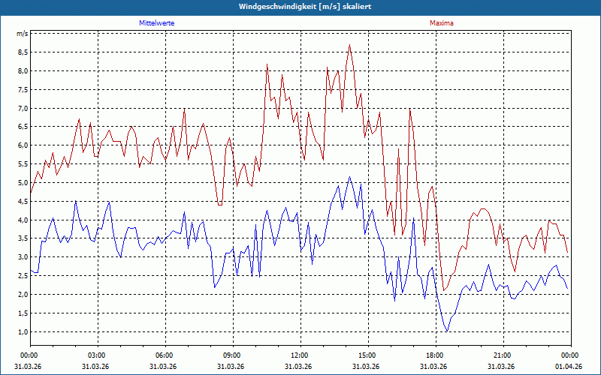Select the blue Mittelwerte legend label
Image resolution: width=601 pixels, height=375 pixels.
pyautogui.click(x=157, y=23)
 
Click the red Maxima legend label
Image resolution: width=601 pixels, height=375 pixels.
pyautogui.click(x=441, y=23)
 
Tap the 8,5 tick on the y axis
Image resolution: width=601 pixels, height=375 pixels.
pyautogui.click(x=23, y=52)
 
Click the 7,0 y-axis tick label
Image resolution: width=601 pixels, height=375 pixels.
pyautogui.click(x=23, y=109)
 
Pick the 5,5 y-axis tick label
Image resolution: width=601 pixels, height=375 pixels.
pyautogui.click(x=23, y=164)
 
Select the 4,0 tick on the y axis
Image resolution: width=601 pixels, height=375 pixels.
pyautogui.click(x=23, y=220)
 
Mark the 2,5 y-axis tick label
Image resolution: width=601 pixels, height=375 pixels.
pyautogui.click(x=23, y=276)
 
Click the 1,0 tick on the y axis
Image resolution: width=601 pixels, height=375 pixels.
pyautogui.click(x=23, y=331)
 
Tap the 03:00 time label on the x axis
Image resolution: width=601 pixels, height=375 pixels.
pyautogui.click(x=97, y=355)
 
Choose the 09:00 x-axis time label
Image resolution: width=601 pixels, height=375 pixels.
pyautogui.click(x=232, y=355)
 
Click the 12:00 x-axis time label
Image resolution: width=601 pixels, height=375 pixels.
pyautogui.click(x=300, y=355)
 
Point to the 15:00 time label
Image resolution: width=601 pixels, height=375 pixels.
pyautogui.click(x=367, y=355)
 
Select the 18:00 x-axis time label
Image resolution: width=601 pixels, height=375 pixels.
pyautogui.click(x=435, y=355)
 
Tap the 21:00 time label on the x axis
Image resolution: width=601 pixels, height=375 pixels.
pyautogui.click(x=503, y=355)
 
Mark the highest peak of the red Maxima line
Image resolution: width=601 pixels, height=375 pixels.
pyautogui.click(x=349, y=45)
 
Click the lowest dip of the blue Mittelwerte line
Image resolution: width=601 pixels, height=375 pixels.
pyautogui.click(x=447, y=331)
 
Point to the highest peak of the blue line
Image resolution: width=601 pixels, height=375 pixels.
pyautogui.click(x=349, y=177)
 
